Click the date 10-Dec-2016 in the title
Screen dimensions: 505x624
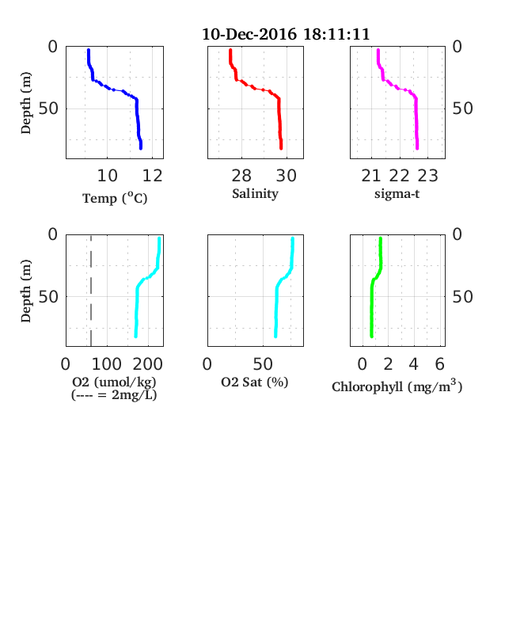[x=249, y=34]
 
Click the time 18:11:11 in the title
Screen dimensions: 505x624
[x=336, y=34]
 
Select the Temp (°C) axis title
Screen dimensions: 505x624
[x=115, y=198]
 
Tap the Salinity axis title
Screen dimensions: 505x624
[x=256, y=194]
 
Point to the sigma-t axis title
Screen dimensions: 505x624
[x=397, y=194]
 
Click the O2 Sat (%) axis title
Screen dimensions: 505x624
[x=255, y=382]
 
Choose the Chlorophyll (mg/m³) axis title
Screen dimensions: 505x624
[x=397, y=386]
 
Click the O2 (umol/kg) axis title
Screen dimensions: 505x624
[x=114, y=382]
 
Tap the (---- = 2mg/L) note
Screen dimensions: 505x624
[x=114, y=395]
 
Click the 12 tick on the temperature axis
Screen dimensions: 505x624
[x=152, y=176]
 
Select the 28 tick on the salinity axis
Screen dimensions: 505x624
[x=241, y=176]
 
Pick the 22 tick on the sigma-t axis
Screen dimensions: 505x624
[x=399, y=176]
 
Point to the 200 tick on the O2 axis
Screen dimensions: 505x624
[x=147, y=363]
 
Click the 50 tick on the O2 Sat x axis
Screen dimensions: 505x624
[x=263, y=363]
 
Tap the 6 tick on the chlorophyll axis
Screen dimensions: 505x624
[x=439, y=363]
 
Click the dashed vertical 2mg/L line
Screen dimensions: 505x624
[x=91, y=291]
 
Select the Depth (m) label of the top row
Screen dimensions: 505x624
[x=25, y=103]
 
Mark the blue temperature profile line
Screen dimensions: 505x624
[x=115, y=90]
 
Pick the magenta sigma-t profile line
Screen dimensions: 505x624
[x=397, y=88]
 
